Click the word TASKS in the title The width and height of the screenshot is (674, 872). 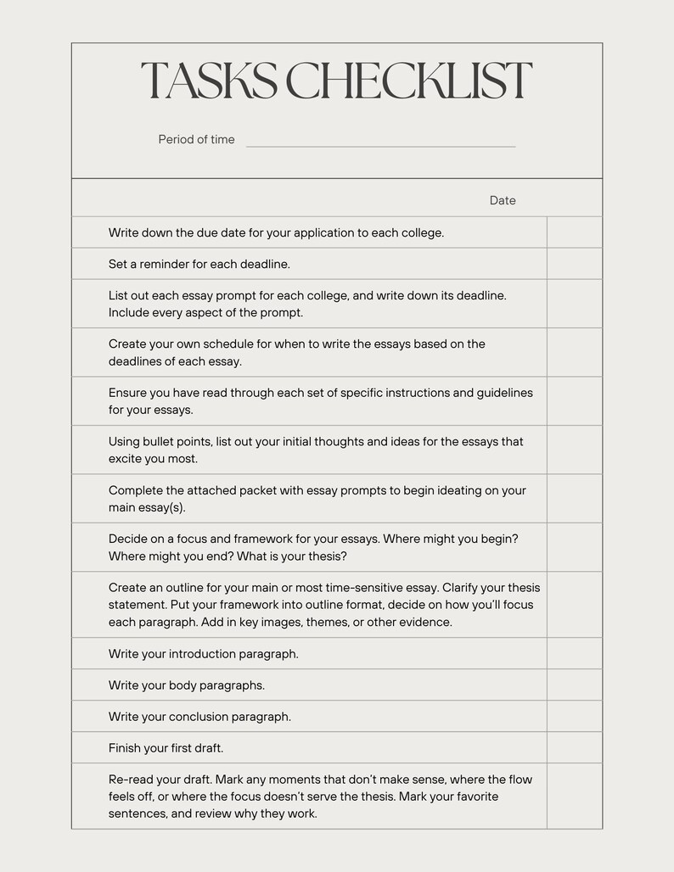(207, 81)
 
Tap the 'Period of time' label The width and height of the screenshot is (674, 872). (196, 140)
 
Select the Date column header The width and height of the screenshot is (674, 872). (503, 201)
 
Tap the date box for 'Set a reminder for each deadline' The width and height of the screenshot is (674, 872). (574, 264)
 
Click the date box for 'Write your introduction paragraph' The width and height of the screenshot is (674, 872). (574, 654)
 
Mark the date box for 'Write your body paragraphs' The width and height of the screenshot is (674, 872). (574, 685)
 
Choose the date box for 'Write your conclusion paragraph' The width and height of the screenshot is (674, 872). (574, 717)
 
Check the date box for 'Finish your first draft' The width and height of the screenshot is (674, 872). (574, 748)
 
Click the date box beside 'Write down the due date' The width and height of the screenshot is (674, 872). (574, 232)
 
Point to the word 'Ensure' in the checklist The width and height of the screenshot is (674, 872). (127, 393)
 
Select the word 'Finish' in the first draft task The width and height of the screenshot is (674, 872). (125, 748)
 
